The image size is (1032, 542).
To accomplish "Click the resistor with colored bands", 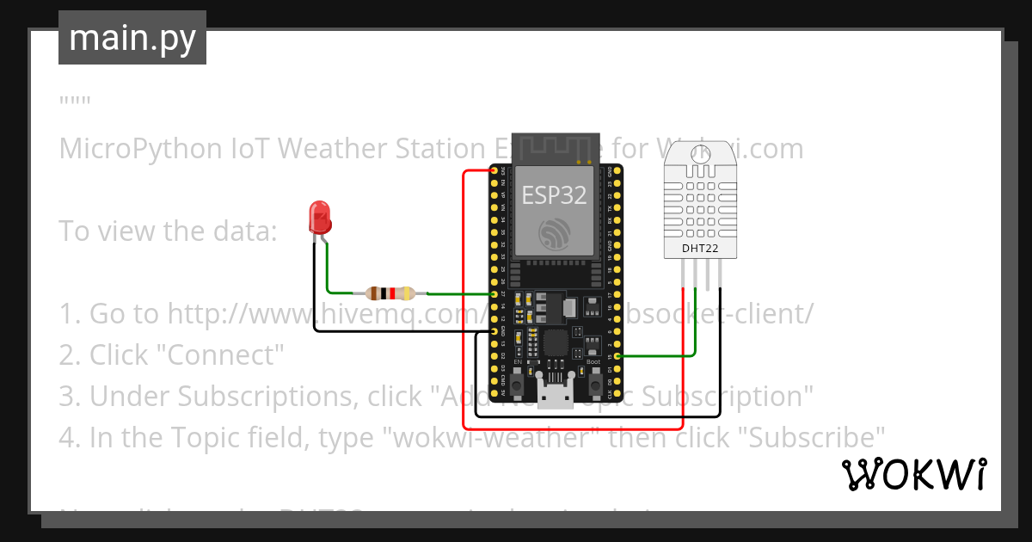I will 390,293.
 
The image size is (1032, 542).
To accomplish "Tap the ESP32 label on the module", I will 554,195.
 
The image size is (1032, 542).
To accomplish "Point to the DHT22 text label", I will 700,249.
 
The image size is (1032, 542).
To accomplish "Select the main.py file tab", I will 132,38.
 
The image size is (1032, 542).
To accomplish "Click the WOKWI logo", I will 913,475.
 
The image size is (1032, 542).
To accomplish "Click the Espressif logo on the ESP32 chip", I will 555,233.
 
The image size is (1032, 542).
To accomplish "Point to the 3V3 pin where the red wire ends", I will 494,172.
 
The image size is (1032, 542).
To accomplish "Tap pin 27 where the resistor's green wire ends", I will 494,294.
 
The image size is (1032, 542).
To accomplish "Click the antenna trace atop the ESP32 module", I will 555,147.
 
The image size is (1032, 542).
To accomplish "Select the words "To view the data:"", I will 168,231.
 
